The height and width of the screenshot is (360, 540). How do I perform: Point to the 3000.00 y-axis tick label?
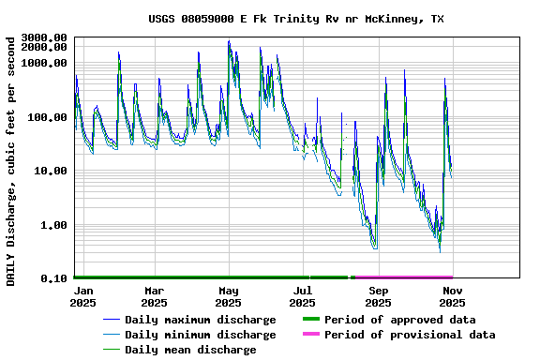[44, 38]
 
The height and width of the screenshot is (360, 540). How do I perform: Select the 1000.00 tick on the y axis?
[44, 63]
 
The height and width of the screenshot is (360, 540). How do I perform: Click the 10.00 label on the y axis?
[50, 172]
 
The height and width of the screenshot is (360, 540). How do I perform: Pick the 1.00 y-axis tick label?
[52, 226]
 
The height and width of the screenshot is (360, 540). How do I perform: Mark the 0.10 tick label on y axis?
[52, 279]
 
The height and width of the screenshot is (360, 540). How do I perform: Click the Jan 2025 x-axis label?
[83, 296]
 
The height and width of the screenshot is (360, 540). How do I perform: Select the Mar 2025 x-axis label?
[154, 296]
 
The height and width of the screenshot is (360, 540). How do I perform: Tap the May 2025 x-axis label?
[228, 296]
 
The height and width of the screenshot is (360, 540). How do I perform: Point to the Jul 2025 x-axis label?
[303, 296]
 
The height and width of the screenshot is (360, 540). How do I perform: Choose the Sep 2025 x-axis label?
[378, 296]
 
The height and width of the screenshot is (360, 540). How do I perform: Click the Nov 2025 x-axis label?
[452, 296]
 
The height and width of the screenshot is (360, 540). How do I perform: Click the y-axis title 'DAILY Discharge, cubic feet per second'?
[11, 160]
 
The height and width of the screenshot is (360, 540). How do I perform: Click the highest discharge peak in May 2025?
[229, 41]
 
